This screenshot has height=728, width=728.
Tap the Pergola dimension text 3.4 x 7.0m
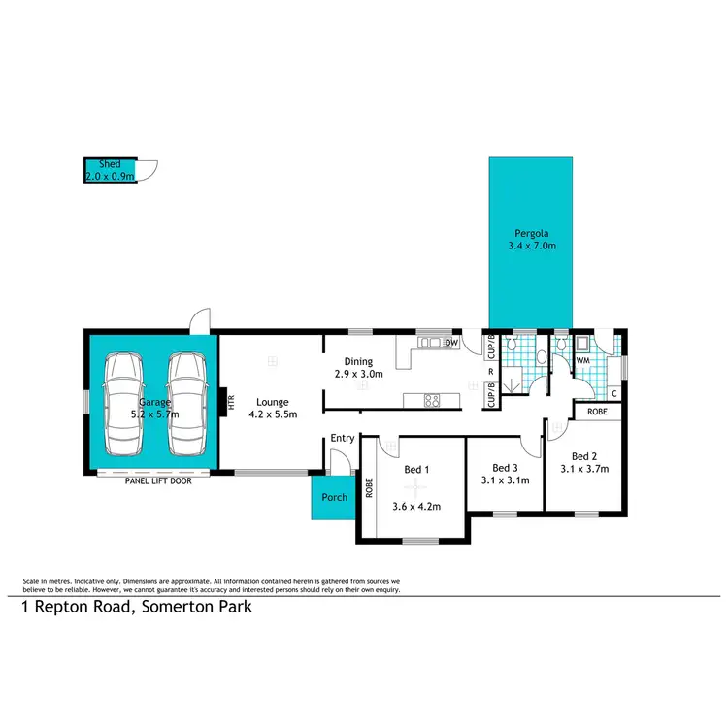532,247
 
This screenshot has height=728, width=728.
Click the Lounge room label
272,402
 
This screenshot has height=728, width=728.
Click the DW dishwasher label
450,343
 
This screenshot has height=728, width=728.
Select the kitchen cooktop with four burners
430,399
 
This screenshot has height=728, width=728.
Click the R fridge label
490,371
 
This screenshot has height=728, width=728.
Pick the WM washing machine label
583,359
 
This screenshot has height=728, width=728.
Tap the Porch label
334,498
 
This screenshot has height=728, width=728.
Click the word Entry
342,439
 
